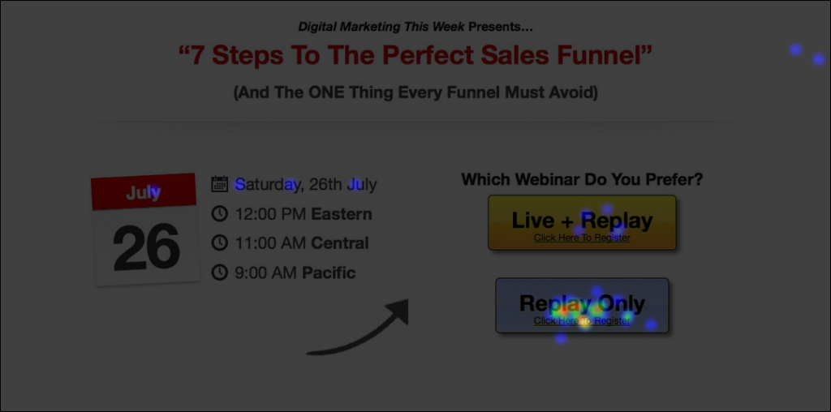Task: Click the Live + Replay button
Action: (x=582, y=222)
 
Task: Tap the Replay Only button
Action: (x=582, y=306)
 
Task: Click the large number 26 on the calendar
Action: (x=146, y=247)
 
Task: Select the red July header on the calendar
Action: (x=143, y=191)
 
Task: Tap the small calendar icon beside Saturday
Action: (x=219, y=184)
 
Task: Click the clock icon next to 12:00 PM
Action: (x=219, y=214)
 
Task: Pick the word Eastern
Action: (x=342, y=214)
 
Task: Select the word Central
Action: (x=340, y=243)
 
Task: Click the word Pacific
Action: (x=329, y=273)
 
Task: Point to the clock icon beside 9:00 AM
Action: (x=219, y=273)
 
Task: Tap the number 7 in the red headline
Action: (x=198, y=56)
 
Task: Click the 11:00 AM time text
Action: (x=271, y=243)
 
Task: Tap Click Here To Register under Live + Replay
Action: (x=582, y=238)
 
